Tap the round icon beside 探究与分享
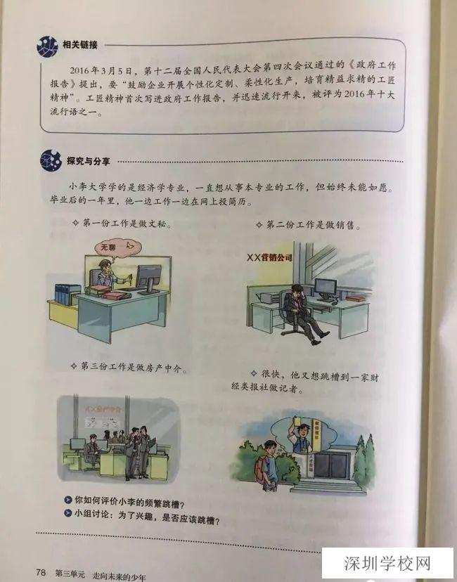point(51,159)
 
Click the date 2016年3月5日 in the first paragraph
point(104,70)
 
